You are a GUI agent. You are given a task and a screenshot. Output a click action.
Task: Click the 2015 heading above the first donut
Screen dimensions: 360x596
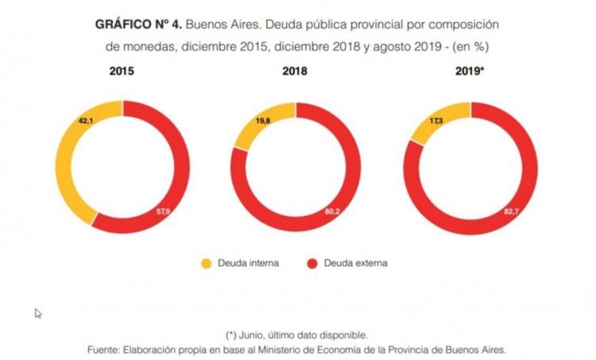coord(122,71)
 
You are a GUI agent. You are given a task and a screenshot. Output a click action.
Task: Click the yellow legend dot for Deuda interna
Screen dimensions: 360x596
coord(206,263)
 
